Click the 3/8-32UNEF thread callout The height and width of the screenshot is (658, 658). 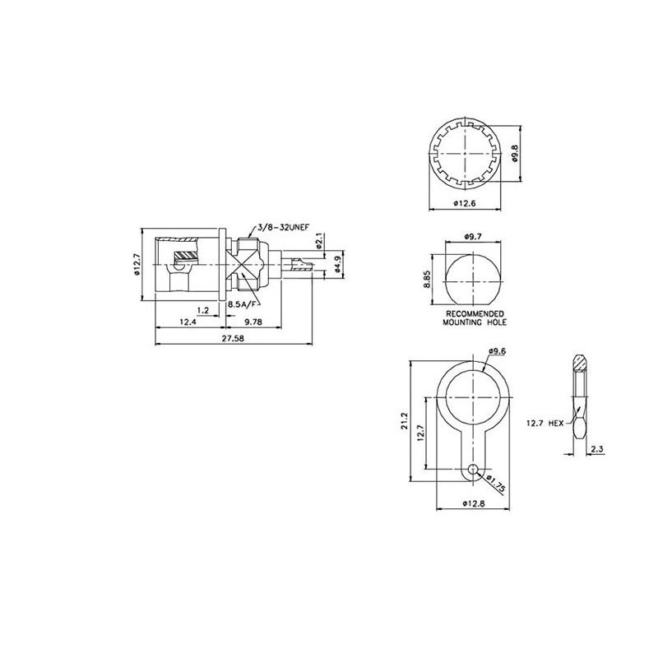[x=283, y=228]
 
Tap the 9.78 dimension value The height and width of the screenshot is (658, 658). [x=253, y=322]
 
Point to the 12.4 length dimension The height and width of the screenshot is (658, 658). [x=188, y=322]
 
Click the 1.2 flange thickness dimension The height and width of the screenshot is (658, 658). [x=202, y=310]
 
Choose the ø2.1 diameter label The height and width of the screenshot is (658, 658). [x=321, y=240]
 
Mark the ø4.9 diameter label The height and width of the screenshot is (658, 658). [x=338, y=265]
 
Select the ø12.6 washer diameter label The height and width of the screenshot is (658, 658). [x=465, y=203]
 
